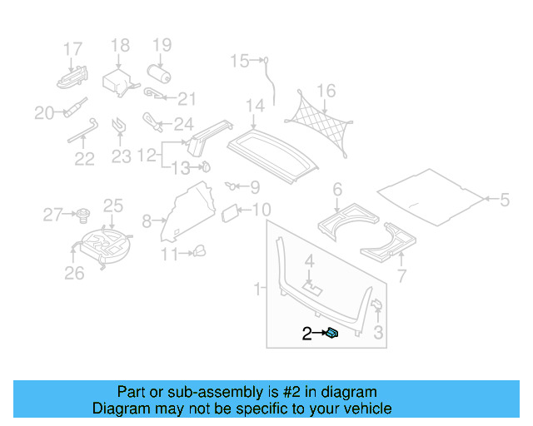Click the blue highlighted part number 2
(x=331, y=333)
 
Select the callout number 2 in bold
(x=306, y=334)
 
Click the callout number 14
(x=255, y=106)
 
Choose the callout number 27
(x=52, y=215)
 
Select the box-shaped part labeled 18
(x=117, y=82)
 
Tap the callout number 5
(x=504, y=199)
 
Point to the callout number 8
(x=147, y=221)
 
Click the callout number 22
(x=84, y=158)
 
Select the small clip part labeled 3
(x=375, y=304)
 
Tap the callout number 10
(x=261, y=210)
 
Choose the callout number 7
(x=401, y=275)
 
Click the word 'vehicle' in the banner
(x=366, y=409)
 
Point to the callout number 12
(x=147, y=155)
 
